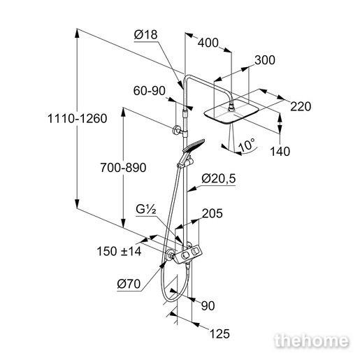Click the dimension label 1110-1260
pos(78,118)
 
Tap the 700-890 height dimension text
pos(123,168)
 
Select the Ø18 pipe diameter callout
pos(145,35)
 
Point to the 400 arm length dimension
pos(208,43)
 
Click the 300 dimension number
pos(265,60)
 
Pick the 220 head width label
pos(301,106)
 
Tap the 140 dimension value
pos(280,152)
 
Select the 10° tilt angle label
pos(247,145)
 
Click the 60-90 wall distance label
pos(150,91)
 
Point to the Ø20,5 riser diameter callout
pos(219,179)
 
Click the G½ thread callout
pos(146,210)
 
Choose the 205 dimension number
pos(213,213)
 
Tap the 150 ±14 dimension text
pos(119,252)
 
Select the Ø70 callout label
pos(129,284)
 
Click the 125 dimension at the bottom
pos(219,333)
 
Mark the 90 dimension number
pos(208,305)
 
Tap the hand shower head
pos(194,145)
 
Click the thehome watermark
pos(312,341)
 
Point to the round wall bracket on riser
pos(176,131)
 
